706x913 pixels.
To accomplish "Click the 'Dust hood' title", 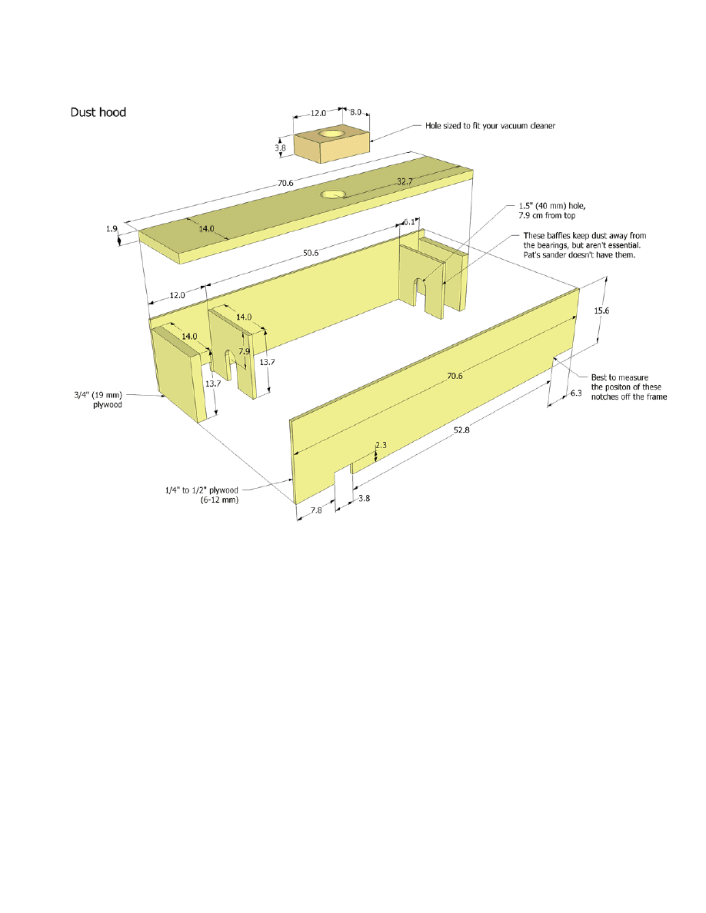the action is pos(98,112).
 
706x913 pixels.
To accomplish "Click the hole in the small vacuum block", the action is pos(330,134).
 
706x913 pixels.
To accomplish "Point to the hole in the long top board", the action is pos(332,194).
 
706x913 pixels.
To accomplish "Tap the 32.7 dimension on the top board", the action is pos(405,181).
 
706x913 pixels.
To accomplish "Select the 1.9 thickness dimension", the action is pos(112,229).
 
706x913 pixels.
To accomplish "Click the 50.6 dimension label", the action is pos(311,253).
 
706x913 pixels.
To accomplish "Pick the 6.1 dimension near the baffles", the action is pos(409,222).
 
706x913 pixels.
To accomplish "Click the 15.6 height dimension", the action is pos(601,310).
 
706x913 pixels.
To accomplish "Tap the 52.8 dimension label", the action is pos(461,430).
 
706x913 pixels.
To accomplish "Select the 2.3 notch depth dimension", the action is pos(381,445).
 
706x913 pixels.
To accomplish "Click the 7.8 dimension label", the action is pos(316,510).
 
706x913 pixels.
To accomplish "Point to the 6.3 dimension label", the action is pos(575,393).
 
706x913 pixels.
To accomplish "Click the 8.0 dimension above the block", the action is pos(355,112).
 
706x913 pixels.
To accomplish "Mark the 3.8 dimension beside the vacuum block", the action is pos(280,148).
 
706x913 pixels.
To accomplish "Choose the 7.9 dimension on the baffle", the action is pos(244,351).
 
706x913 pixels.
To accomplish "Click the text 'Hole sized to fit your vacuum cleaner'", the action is pos(490,126).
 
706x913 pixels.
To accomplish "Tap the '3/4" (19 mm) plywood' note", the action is pos(98,400).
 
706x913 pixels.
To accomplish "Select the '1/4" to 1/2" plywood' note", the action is pos(201,495).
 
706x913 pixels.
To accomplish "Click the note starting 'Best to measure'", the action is pos(629,387).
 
